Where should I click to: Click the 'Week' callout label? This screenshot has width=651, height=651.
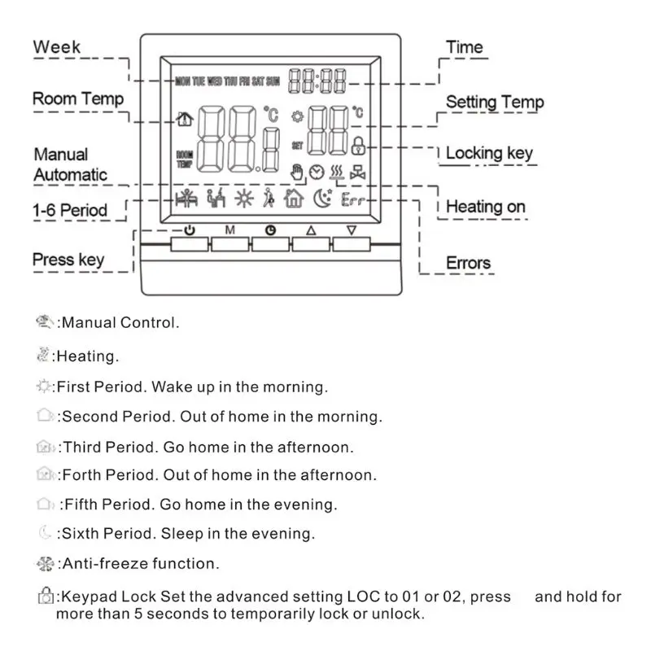tap(57, 46)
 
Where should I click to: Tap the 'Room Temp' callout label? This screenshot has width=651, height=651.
tap(78, 99)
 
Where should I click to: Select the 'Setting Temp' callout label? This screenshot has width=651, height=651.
tap(495, 103)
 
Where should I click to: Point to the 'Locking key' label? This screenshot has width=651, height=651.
tap(489, 153)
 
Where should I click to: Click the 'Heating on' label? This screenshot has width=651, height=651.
tap(486, 207)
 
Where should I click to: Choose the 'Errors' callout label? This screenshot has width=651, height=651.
tap(469, 263)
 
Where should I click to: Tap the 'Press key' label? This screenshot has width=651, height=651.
tap(68, 260)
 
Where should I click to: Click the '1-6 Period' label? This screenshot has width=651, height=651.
tap(69, 210)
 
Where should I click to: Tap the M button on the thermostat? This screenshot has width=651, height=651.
tap(230, 242)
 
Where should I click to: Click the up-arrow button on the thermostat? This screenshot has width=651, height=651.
tap(310, 242)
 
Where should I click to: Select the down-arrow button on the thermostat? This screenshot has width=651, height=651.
tap(351, 242)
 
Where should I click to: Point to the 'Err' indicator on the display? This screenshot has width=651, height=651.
tap(352, 199)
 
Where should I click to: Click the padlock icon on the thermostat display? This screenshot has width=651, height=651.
tap(358, 146)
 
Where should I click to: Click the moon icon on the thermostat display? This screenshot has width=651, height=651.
tap(323, 198)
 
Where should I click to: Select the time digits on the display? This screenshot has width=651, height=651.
tap(317, 80)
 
